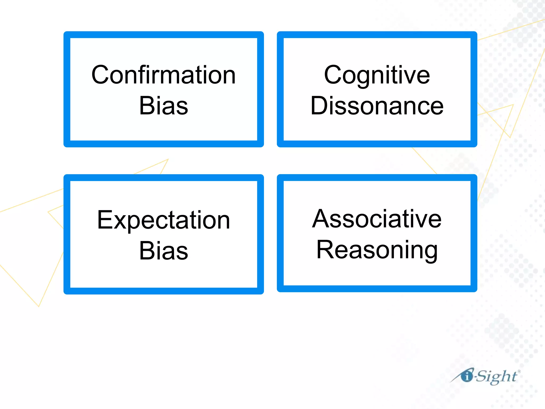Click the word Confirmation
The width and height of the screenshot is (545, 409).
(163, 75)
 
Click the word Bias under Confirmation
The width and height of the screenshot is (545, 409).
(163, 106)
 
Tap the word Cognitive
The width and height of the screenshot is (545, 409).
(377, 75)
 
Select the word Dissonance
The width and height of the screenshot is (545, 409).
(377, 106)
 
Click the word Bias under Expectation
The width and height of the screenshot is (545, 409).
(163, 251)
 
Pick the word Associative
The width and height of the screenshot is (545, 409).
(377, 219)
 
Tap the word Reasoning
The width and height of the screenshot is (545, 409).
(377, 250)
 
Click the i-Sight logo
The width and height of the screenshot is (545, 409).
(486, 376)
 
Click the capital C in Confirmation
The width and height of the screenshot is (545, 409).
(101, 75)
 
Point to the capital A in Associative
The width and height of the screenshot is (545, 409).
(321, 219)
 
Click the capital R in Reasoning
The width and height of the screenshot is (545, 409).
(325, 250)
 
